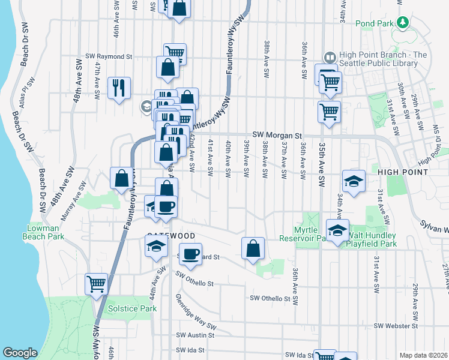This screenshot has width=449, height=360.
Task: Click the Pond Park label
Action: (373, 24)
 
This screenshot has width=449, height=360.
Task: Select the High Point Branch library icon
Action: (330, 58)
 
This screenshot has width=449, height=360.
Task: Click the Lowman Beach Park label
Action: (45, 232)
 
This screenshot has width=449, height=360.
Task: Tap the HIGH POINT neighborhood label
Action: (403, 172)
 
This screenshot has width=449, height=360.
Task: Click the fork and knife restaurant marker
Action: (119, 87)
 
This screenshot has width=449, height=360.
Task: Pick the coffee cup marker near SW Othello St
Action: (191, 254)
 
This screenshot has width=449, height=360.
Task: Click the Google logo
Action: (20, 353)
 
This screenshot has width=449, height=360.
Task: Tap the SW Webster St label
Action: (396, 326)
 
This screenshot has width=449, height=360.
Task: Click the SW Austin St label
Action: (195, 335)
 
